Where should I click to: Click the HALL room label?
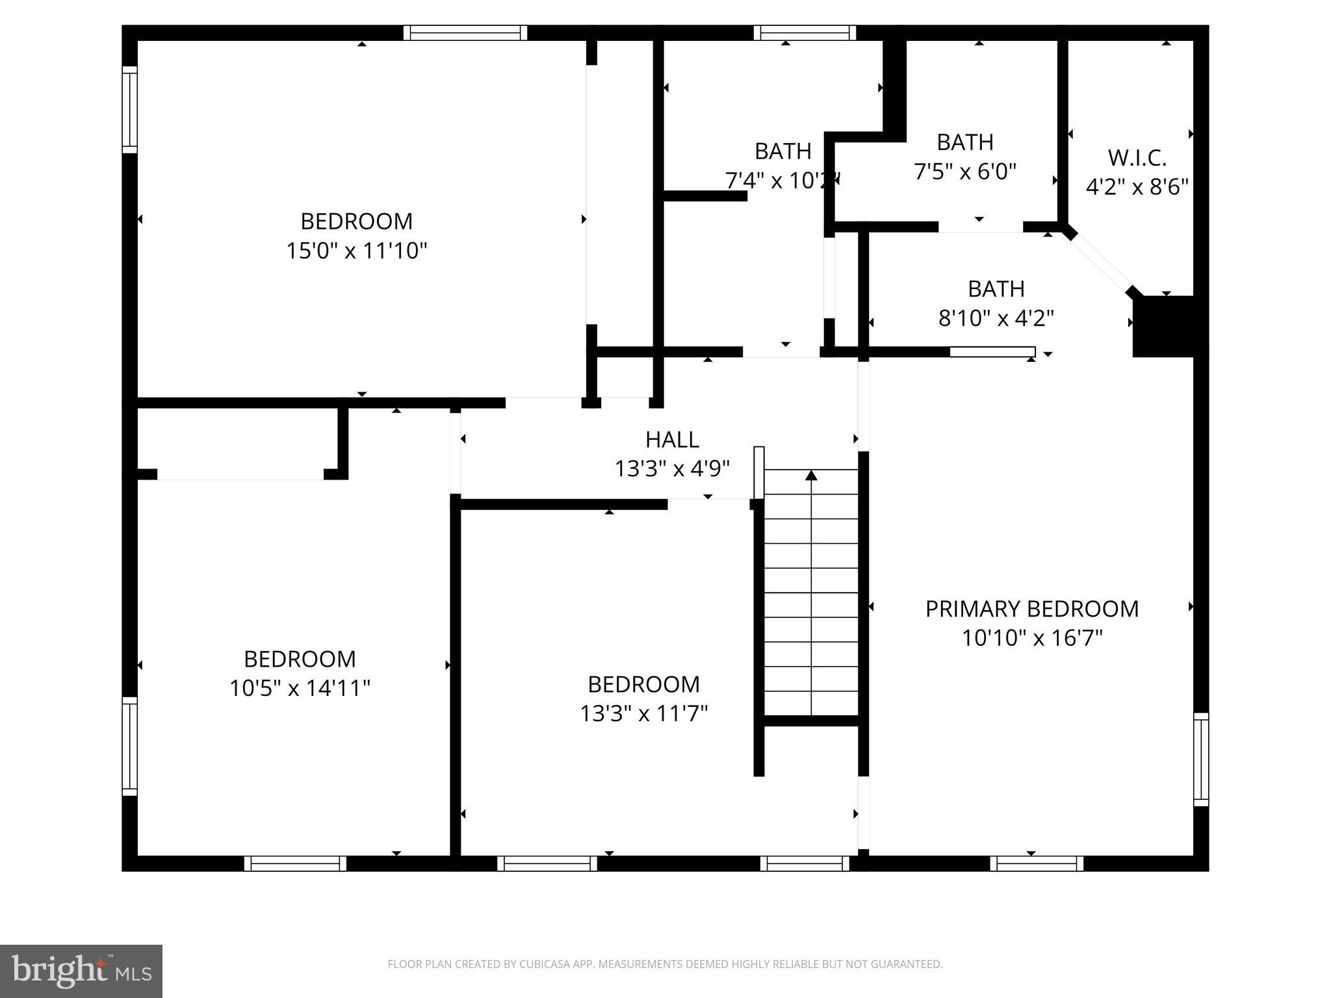(672, 440)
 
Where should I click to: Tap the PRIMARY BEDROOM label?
(1031, 609)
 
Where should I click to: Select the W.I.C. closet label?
(1137, 158)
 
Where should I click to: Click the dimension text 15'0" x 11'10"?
(357, 250)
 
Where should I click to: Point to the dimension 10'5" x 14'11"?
(300, 688)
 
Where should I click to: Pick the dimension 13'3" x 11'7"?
(643, 713)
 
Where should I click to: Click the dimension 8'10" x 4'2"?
(996, 318)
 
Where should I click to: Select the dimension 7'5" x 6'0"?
(964, 172)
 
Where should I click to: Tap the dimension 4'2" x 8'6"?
(1137, 187)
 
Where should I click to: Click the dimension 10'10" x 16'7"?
(1031, 638)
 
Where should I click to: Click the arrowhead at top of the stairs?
(811, 476)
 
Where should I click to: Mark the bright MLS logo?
(81, 971)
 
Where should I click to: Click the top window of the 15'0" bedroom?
(465, 33)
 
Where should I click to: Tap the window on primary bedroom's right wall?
(1201, 759)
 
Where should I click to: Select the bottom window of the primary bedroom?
(1037, 864)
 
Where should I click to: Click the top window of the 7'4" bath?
(805, 33)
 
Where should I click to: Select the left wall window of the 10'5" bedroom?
(130, 746)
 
